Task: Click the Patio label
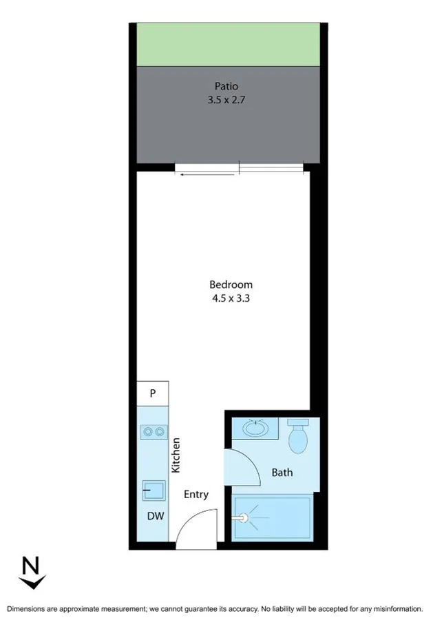(226, 87)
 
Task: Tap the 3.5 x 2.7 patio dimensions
(226, 99)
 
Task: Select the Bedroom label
(231, 285)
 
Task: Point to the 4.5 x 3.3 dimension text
(231, 298)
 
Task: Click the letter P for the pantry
(152, 393)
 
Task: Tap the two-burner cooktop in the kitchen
(152, 432)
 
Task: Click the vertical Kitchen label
(176, 455)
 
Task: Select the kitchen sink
(153, 491)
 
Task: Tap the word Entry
(196, 495)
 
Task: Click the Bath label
(282, 473)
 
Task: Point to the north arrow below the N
(30, 583)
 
